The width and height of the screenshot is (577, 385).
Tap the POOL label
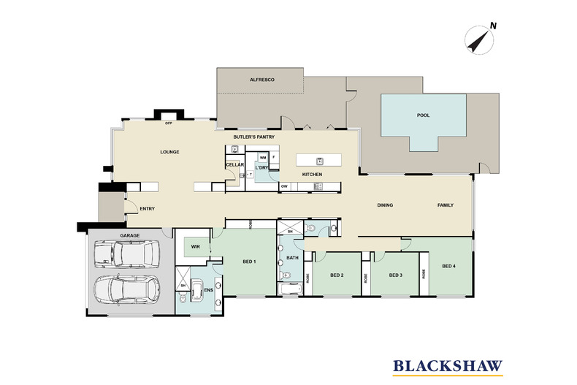[x=423, y=115]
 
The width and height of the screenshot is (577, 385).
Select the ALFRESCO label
[x=261, y=79]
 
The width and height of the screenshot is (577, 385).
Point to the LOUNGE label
[x=169, y=152]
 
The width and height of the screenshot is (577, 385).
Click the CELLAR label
[x=234, y=165]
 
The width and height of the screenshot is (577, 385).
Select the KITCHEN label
[x=312, y=175]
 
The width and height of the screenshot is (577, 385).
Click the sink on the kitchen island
[x=319, y=160]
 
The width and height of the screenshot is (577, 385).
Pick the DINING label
[x=385, y=205]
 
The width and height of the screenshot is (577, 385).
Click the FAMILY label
[x=445, y=205]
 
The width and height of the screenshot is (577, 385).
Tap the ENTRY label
[x=147, y=210]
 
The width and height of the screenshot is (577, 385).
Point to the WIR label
[x=195, y=247]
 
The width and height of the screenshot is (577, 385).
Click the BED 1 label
[x=250, y=262]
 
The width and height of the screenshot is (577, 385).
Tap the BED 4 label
[x=449, y=266]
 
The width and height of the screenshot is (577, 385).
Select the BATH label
[x=292, y=258]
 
